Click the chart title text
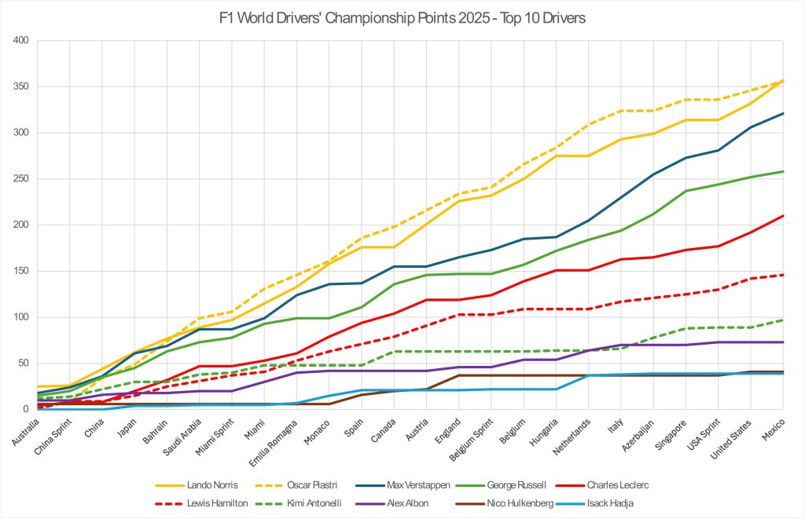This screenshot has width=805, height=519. point(402,17)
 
